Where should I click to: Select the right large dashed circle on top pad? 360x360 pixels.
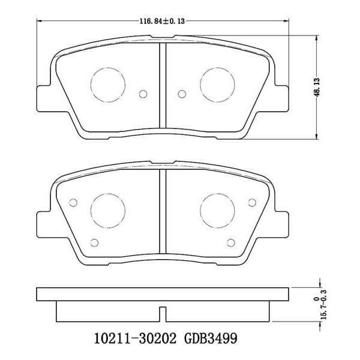(217, 81)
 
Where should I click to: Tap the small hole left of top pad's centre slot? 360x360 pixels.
(143, 94)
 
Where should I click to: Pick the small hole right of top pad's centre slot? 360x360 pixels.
(181, 94)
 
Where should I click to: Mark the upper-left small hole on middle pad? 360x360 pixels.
(74, 202)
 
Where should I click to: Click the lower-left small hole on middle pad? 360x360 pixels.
(93, 242)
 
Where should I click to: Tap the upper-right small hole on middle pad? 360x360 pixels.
(250, 202)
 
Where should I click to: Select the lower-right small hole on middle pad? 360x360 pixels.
(232, 242)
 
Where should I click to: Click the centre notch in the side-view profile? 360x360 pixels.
(162, 312)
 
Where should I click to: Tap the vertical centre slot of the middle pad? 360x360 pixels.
(162, 210)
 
